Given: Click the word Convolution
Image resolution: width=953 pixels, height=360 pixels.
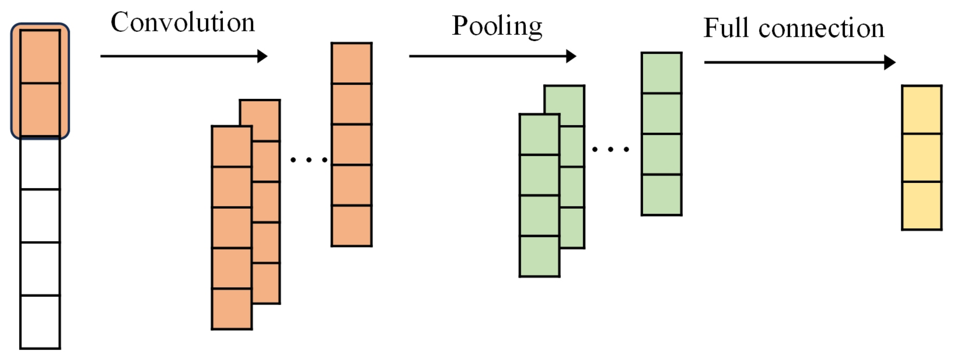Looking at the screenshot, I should pos(183,23).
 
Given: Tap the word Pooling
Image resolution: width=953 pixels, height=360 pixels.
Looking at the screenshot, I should pos(497,27).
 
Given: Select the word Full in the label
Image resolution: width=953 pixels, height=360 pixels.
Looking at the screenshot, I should pos(725,28).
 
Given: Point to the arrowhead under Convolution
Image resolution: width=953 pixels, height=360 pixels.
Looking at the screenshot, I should pos(262,56).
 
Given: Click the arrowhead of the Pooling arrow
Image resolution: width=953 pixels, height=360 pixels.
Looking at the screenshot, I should pos(571,56).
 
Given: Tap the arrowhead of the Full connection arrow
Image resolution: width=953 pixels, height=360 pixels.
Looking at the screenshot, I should pos(889,62).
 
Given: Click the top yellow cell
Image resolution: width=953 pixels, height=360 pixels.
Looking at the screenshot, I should pos(922,109).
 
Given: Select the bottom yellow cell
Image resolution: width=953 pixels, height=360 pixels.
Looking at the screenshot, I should pos(922,206).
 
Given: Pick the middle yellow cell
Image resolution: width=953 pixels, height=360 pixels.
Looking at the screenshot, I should pos(922,158).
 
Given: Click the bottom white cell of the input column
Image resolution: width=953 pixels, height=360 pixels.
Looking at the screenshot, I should pos(40,321).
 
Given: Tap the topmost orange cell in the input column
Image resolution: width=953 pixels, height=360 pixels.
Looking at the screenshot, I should pos(40,56).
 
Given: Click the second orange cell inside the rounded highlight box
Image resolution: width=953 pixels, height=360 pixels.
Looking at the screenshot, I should pos(40,109).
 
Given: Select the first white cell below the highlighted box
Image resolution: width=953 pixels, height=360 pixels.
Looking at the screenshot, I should pos(40,163).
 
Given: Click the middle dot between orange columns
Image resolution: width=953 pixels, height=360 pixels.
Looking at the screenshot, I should pos(309,160).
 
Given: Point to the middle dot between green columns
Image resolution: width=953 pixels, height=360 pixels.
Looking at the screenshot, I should pos(610,149).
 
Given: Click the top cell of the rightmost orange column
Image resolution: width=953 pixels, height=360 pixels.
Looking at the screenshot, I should pos(351,63).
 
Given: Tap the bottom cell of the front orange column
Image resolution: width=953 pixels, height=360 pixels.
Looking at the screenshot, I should pos(232,309).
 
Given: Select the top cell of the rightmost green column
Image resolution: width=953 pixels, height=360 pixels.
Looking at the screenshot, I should pos(662,73).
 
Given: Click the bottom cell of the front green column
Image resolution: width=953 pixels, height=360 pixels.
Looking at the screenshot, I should pos(539,256).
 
